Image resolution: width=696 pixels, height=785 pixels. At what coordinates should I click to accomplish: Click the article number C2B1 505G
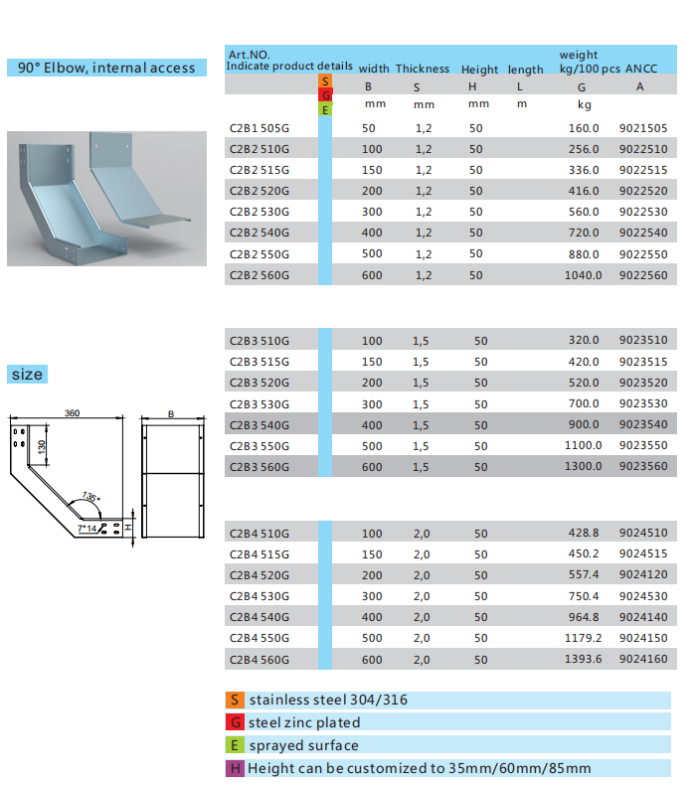[260, 128]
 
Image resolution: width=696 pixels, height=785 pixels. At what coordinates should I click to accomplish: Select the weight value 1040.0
[584, 275]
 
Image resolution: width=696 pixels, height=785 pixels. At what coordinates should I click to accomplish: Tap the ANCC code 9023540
[643, 424]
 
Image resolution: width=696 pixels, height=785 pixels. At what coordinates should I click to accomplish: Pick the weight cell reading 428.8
[584, 533]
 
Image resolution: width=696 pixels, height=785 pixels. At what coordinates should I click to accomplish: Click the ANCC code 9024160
[643, 659]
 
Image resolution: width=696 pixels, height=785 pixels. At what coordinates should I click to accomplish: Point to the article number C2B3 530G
[260, 404]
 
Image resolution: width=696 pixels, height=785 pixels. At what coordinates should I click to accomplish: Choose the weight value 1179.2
[584, 638]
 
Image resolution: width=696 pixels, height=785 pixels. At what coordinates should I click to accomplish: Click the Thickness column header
[423, 69]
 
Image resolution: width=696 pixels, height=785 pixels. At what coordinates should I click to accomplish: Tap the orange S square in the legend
[235, 700]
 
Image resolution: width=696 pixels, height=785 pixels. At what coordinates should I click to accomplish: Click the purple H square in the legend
[235, 768]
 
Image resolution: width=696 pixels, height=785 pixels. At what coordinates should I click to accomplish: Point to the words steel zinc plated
[304, 722]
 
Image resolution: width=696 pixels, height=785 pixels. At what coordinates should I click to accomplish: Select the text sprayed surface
[303, 745]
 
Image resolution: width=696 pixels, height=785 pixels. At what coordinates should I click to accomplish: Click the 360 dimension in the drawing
[72, 413]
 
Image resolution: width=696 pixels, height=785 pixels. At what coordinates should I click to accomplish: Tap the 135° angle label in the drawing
[91, 497]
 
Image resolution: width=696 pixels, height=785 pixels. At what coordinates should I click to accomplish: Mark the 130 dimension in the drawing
[42, 446]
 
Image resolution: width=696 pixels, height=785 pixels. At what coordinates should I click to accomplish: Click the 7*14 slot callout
[87, 529]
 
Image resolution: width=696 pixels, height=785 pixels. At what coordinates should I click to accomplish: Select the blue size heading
[27, 374]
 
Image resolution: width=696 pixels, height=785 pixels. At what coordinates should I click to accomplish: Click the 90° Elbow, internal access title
[106, 68]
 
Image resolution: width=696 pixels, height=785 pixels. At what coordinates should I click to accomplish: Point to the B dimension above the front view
[171, 414]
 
